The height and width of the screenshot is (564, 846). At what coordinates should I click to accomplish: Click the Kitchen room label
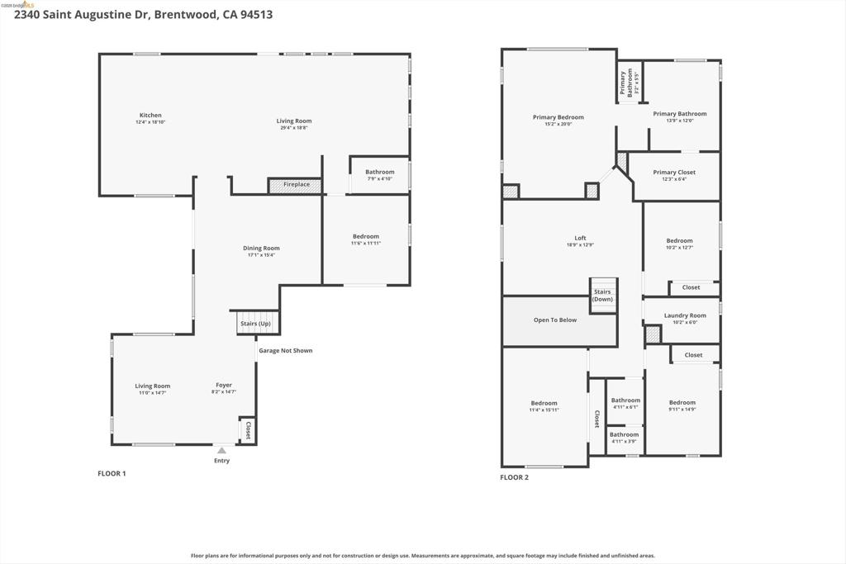pyautogui.click(x=150, y=116)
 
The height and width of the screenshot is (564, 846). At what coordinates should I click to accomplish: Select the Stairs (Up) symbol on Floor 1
pyautogui.click(x=255, y=323)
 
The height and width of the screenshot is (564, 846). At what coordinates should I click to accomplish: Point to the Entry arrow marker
pyautogui.click(x=221, y=450)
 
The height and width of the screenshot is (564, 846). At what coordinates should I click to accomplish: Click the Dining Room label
pyautogui.click(x=261, y=248)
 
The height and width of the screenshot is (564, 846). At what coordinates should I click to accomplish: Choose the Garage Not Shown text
pyautogui.click(x=286, y=350)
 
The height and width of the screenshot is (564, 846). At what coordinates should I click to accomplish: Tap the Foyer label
pyautogui.click(x=224, y=385)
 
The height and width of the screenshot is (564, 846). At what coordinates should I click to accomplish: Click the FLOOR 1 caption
pyautogui.click(x=112, y=473)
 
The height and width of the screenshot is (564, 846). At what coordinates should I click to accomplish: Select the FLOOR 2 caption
pyautogui.click(x=514, y=476)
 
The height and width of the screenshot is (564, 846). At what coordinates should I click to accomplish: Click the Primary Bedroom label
pyautogui.click(x=558, y=117)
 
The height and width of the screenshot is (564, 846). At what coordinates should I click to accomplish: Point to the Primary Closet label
pyautogui.click(x=674, y=173)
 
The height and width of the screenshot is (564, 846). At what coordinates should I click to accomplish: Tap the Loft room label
pyautogui.click(x=580, y=238)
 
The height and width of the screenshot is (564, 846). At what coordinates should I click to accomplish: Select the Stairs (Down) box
pyautogui.click(x=603, y=296)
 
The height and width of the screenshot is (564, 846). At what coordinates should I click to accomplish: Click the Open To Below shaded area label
pyautogui.click(x=555, y=320)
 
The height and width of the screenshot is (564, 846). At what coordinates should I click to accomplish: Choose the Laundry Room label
pyautogui.click(x=685, y=315)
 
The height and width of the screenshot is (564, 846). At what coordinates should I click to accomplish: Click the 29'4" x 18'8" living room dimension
pyautogui.click(x=293, y=128)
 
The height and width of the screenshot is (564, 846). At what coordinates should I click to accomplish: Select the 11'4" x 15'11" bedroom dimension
pyautogui.click(x=544, y=410)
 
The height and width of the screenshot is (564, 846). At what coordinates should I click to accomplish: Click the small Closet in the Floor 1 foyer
pyautogui.click(x=247, y=430)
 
